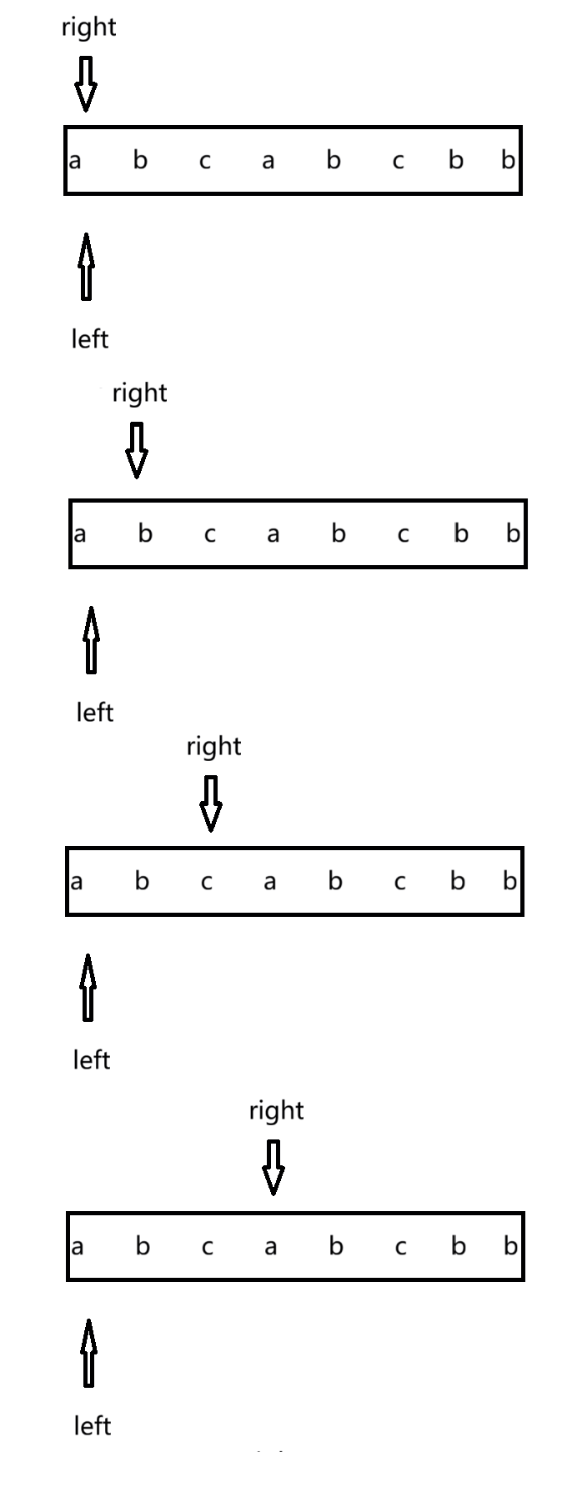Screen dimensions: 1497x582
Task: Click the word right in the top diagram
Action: tap(88, 28)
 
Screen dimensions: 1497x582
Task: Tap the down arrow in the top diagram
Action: tap(85, 83)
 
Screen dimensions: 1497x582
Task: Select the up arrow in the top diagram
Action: tap(85, 266)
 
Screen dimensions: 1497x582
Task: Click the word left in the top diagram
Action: tap(90, 339)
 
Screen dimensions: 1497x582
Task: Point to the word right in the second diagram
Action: tap(139, 393)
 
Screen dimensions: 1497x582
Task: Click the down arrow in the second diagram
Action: tap(137, 450)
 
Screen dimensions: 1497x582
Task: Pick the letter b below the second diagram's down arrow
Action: tap(145, 533)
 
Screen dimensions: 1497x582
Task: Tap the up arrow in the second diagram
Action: tap(91, 639)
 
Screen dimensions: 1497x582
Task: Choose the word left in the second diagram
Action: tap(95, 713)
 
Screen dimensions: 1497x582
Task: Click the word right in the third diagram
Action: tap(213, 747)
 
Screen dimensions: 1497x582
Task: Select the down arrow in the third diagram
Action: tap(211, 804)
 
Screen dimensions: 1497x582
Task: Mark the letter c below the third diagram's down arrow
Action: tap(207, 882)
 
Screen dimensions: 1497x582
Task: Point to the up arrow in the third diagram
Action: tap(88, 987)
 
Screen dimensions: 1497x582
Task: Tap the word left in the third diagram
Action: tap(92, 1060)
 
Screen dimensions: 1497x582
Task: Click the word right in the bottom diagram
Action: tap(276, 1111)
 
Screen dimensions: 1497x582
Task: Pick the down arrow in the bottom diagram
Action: tap(273, 1167)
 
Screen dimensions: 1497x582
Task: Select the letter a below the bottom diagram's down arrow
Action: tap(270, 1247)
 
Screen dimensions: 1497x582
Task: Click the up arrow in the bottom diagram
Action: tap(88, 1352)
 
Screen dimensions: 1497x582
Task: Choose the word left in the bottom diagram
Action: tap(93, 1426)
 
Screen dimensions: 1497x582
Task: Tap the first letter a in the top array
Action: tap(75, 160)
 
